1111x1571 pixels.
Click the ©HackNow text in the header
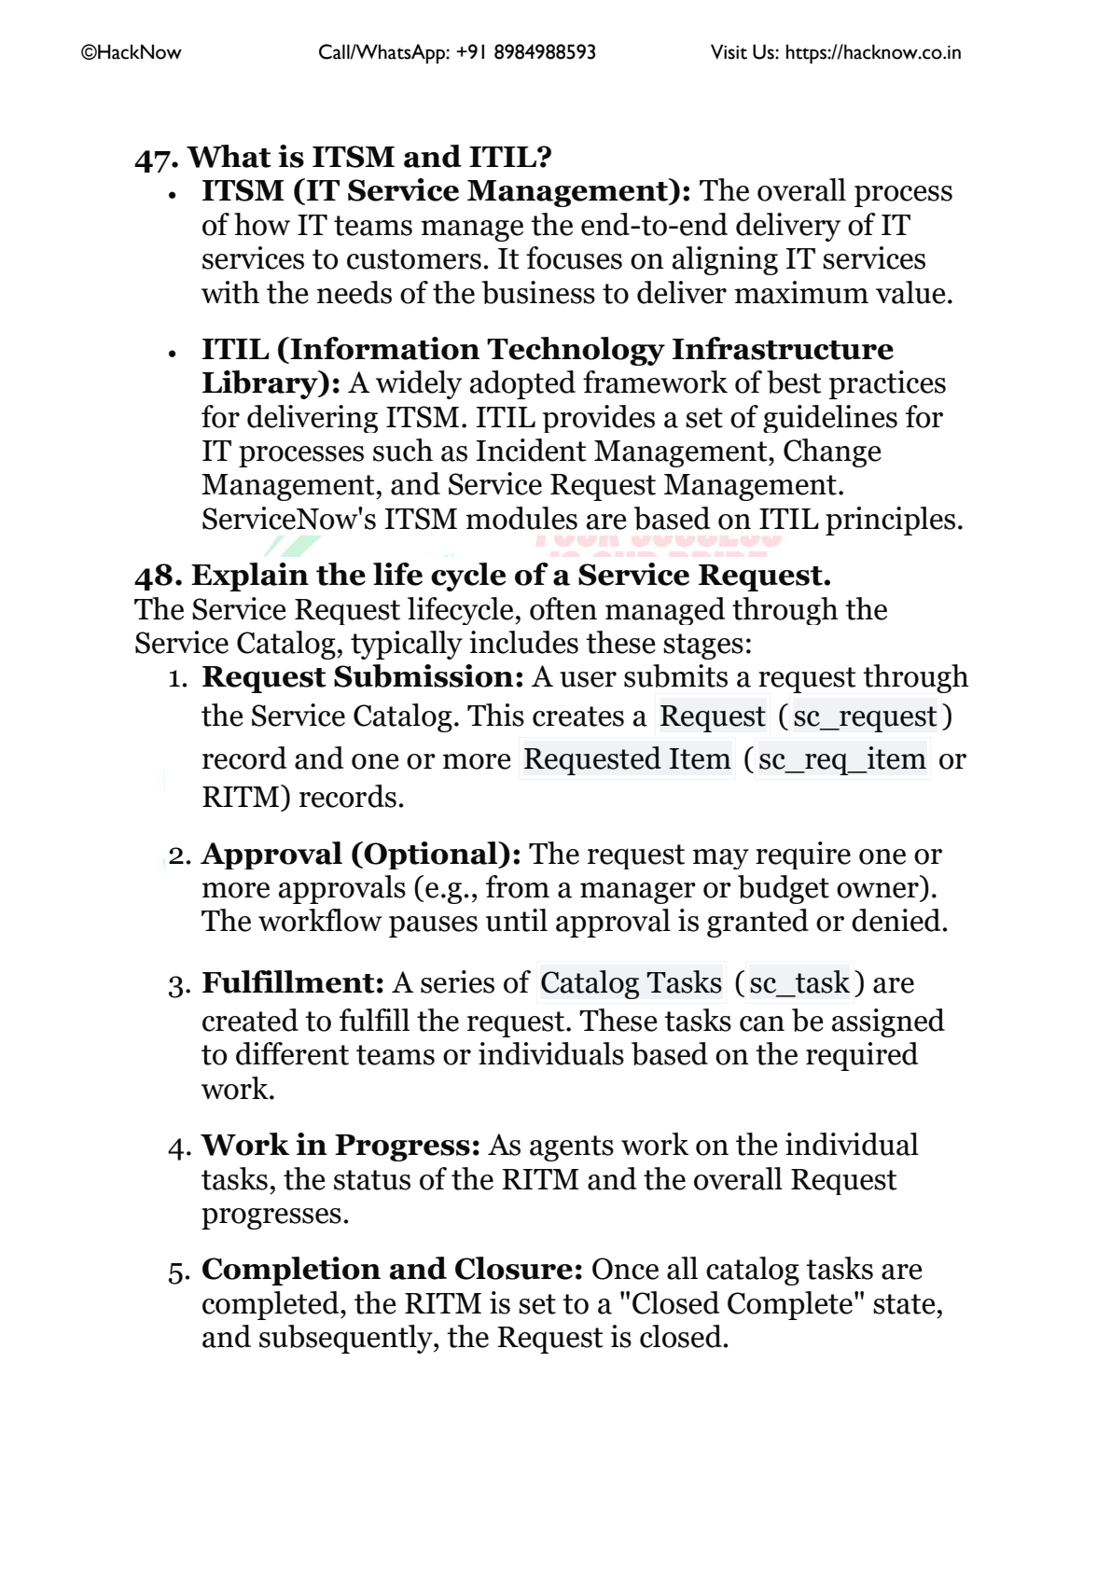click(132, 53)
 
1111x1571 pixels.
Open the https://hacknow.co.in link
click(872, 53)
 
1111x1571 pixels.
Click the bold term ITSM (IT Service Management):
click(446, 191)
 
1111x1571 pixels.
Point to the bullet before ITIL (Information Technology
click(173, 353)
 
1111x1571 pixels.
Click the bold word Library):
click(271, 383)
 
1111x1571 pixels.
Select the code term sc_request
click(864, 716)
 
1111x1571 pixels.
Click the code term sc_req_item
click(841, 759)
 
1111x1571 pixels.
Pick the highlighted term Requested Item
click(627, 759)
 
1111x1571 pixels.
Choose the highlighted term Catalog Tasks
click(631, 983)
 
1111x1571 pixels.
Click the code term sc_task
click(799, 983)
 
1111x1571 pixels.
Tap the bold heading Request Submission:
click(363, 677)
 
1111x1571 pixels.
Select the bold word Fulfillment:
click(293, 983)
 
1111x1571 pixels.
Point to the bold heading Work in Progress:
click(340, 1146)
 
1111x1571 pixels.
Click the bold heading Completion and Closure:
click(392, 1270)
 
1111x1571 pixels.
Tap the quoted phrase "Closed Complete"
click(742, 1304)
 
